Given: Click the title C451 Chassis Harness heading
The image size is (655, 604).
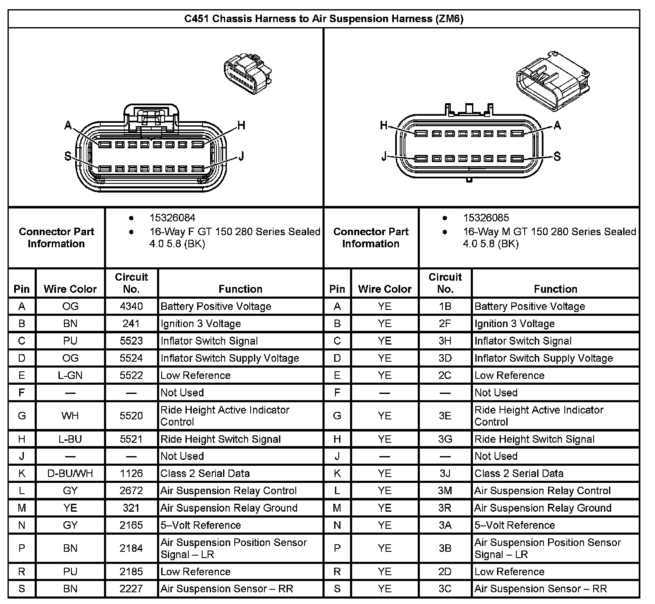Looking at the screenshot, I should [x=324, y=19].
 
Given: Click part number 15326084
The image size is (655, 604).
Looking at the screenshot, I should [x=172, y=218].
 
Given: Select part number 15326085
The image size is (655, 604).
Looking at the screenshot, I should [x=486, y=218].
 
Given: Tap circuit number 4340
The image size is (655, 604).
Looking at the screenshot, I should [x=131, y=306].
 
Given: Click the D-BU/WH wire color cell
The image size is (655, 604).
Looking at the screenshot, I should [x=70, y=473].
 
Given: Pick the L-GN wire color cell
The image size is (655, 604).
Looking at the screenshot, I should [x=70, y=375].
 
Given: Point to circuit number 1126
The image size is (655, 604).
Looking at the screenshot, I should [x=131, y=473].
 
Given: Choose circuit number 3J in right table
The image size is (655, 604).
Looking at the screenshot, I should [x=445, y=473].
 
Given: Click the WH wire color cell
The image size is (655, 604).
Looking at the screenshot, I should [x=70, y=416].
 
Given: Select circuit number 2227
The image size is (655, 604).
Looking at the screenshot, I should [x=131, y=589].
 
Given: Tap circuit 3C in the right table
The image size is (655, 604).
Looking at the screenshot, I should [x=445, y=589].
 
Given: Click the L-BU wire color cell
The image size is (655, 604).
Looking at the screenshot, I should [x=70, y=439].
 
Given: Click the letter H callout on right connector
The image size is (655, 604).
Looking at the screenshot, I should [x=384, y=125].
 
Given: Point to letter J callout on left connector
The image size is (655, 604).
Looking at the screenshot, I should [x=241, y=156].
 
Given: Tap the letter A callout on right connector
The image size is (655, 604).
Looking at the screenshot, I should [x=557, y=125].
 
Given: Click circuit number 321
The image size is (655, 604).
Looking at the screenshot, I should [x=131, y=508].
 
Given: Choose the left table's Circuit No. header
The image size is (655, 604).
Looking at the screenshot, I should [x=131, y=283].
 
